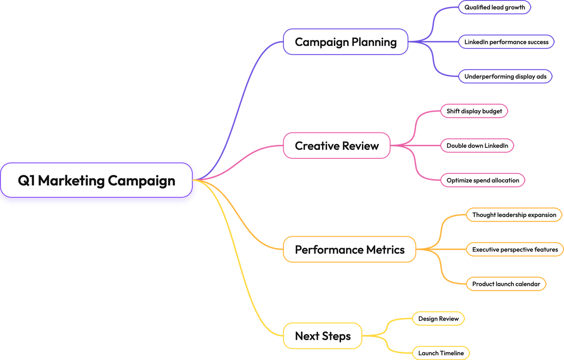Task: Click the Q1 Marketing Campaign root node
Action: (x=96, y=180)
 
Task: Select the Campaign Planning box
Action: (x=345, y=42)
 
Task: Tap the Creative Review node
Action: (x=337, y=146)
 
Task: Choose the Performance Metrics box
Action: (x=349, y=250)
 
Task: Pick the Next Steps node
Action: (x=322, y=336)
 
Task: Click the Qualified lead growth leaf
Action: (x=494, y=8)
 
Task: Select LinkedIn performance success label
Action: (x=506, y=42)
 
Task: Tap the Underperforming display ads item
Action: (x=505, y=76)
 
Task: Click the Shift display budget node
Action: (x=474, y=111)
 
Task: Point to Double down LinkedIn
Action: (x=477, y=146)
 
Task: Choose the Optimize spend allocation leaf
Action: (x=483, y=180)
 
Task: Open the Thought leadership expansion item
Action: (x=514, y=215)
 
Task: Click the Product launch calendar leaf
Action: (x=506, y=284)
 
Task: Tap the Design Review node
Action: (x=438, y=319)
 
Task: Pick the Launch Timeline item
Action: (x=440, y=353)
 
